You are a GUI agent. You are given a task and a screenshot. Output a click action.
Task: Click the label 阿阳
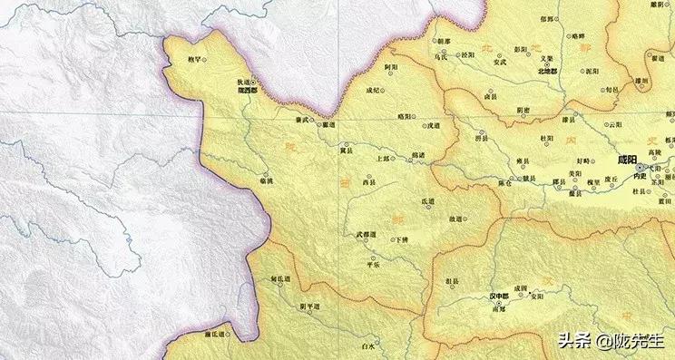coord(391,67)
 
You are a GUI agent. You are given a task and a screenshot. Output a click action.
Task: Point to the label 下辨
coord(401,239)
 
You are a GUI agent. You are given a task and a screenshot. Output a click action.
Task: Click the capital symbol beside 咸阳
coord(640,169)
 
